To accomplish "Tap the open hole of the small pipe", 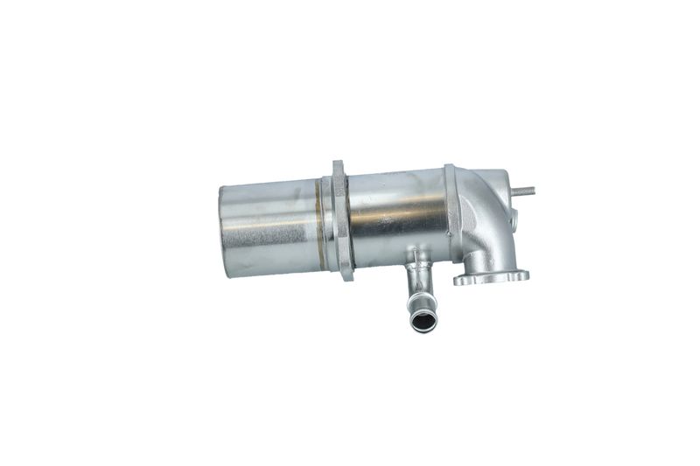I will coord(422,323).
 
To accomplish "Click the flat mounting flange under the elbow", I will coord(491,278).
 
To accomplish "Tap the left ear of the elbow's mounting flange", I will coord(461,280).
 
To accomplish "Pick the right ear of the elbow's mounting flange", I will coord(521,275).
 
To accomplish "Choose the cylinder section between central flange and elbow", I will coord(394,223).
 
